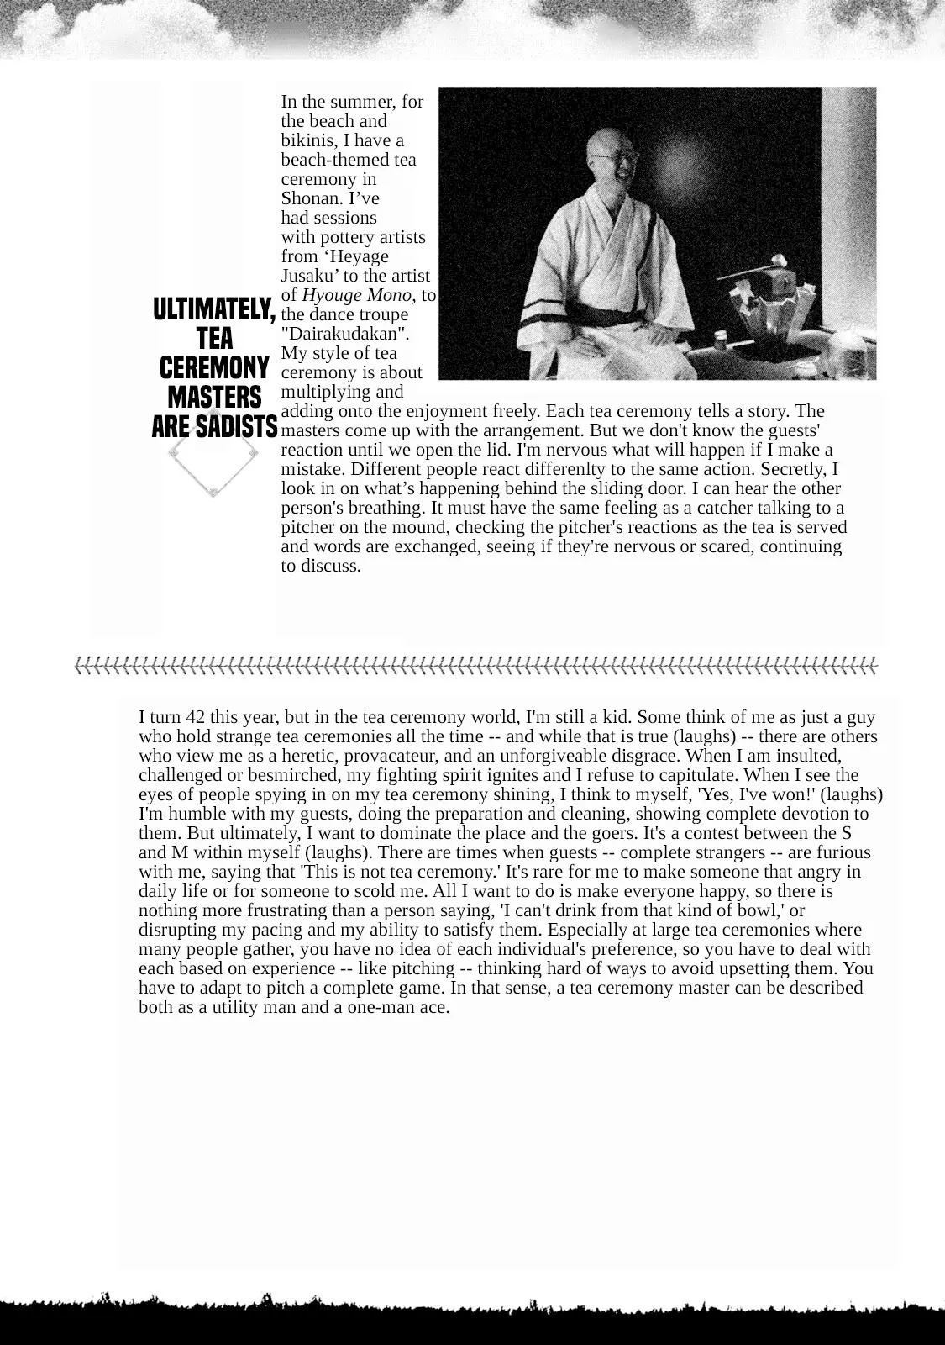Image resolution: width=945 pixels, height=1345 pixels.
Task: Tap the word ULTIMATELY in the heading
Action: pyautogui.click(x=214, y=309)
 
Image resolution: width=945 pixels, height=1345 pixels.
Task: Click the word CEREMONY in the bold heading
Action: pyautogui.click(x=214, y=368)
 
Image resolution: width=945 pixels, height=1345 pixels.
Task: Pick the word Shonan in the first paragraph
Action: pyautogui.click(x=308, y=198)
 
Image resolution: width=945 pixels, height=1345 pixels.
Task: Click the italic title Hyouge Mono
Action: pyautogui.click(x=356, y=295)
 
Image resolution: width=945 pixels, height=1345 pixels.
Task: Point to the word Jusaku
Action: pyautogui.click(x=308, y=276)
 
